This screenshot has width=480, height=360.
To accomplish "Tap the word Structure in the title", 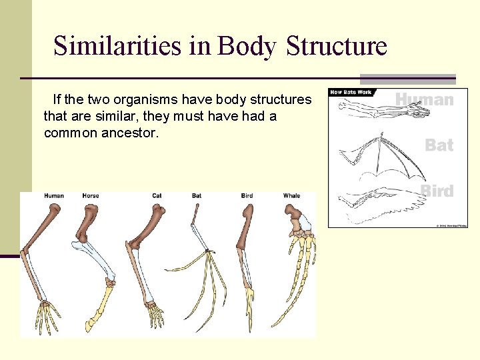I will click(x=336, y=46).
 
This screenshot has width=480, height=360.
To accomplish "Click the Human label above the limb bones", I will click(x=54, y=195).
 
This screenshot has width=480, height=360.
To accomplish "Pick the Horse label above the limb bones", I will click(x=91, y=195).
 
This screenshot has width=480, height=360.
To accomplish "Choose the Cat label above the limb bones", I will click(x=157, y=195).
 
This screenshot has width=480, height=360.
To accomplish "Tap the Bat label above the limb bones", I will click(x=197, y=195).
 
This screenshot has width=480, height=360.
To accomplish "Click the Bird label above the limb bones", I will click(x=247, y=195).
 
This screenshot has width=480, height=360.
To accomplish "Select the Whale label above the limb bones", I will click(x=291, y=195).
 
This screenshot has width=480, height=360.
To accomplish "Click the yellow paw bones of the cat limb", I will click(x=154, y=313).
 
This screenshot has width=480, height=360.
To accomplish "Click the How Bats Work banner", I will click(x=351, y=92).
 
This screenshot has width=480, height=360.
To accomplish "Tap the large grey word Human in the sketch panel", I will click(x=424, y=100).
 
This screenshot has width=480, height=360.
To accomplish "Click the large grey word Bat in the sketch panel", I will click(x=439, y=145).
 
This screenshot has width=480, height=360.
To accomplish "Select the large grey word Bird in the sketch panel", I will click(x=437, y=191).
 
